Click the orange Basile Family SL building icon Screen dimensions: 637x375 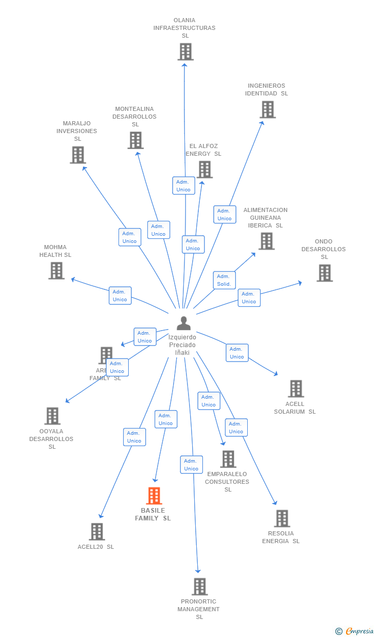point(154,496)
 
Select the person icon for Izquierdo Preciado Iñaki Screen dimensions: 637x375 point(183,323)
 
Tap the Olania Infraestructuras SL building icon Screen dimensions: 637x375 point(185,52)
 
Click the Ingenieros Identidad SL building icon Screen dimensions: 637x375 point(267,109)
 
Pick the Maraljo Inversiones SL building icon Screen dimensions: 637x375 point(78,155)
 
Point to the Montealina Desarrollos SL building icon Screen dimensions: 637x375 point(135,140)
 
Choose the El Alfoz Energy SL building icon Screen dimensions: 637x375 point(204,169)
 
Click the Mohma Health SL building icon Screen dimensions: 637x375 point(56,270)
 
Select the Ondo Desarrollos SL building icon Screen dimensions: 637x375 point(325,273)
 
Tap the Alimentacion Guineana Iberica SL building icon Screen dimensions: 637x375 point(266,241)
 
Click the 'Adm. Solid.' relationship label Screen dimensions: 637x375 point(224,280)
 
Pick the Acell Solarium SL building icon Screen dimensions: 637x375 point(296,388)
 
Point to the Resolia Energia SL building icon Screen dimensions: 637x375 point(282,518)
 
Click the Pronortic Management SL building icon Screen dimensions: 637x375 point(199,586)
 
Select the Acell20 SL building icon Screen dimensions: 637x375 point(96,531)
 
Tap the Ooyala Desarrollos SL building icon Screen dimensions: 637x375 point(52,416)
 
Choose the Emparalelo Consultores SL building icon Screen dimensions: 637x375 point(228,459)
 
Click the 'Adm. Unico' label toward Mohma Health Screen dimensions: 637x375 point(120,296)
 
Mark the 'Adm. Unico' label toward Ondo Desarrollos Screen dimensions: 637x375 point(249,298)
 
